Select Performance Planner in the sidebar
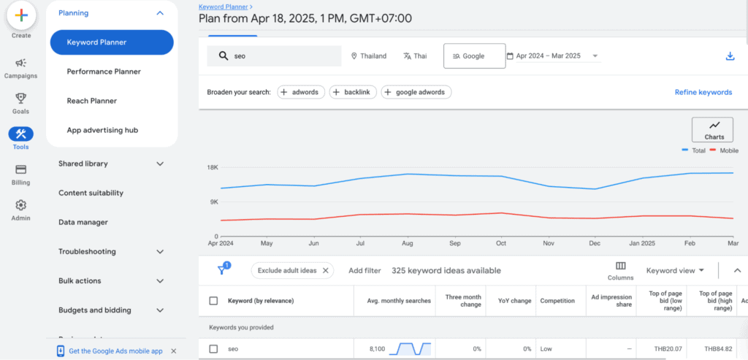[x=104, y=72]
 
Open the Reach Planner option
[x=92, y=101]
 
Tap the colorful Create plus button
[x=21, y=15]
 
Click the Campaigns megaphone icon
[x=20, y=64]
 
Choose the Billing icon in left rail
[x=20, y=169]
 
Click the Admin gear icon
[x=20, y=205]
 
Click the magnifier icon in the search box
[x=223, y=56]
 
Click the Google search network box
[x=474, y=56]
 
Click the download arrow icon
[x=730, y=56]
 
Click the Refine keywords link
[x=703, y=92]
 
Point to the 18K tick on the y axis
[x=213, y=167]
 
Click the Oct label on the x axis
[x=500, y=243]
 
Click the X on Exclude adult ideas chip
[x=326, y=270]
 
